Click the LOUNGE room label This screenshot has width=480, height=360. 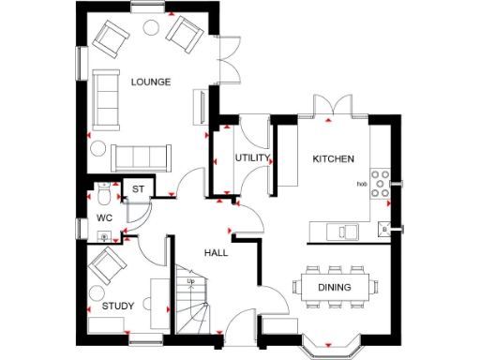point(151,82)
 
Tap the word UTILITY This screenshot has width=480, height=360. point(252,157)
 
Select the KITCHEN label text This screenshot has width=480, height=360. point(332,158)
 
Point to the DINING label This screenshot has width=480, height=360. point(336,288)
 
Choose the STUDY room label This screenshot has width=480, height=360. point(118,306)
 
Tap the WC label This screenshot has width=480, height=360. point(104,218)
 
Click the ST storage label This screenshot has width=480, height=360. point(138,189)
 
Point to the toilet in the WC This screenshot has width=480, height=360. point(103,197)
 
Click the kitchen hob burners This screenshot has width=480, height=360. point(381,184)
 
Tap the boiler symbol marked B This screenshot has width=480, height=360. point(384,229)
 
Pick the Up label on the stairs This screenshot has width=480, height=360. point(191,280)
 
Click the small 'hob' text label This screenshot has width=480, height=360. point(361,184)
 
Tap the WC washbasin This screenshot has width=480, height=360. point(105,236)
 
